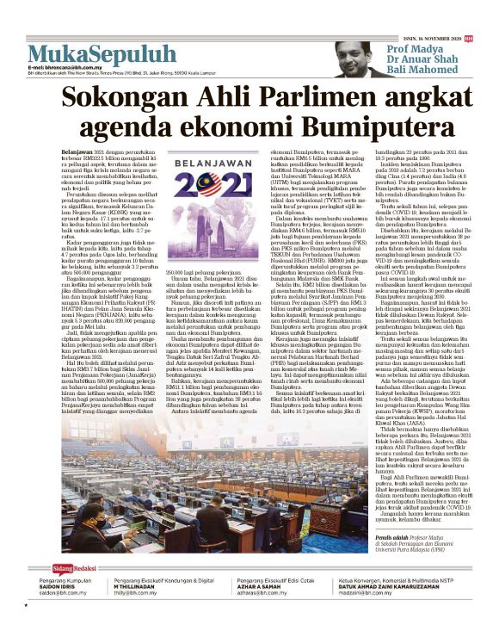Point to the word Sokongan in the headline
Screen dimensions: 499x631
coord(125,96)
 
